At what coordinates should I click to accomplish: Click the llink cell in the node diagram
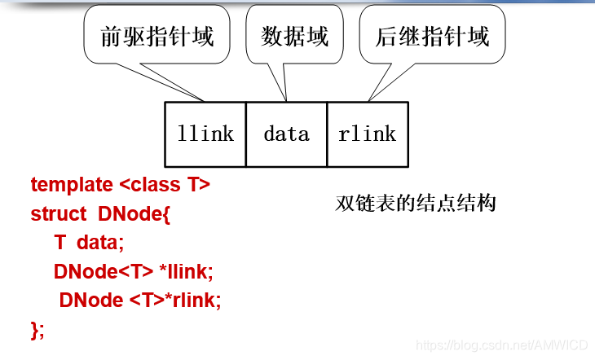pyautogui.click(x=205, y=134)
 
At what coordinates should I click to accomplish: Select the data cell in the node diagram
pyautogui.click(x=286, y=134)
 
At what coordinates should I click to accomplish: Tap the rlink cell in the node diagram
pyautogui.click(x=368, y=134)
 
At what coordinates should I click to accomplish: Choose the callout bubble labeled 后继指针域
pyautogui.click(x=432, y=37)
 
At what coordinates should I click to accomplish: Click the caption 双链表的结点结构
pyautogui.click(x=416, y=203)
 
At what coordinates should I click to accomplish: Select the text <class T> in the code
pyautogui.click(x=164, y=185)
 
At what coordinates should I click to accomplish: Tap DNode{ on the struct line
pyautogui.click(x=134, y=214)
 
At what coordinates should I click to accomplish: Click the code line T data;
pyautogui.click(x=89, y=243)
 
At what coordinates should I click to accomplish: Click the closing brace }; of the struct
pyautogui.click(x=37, y=329)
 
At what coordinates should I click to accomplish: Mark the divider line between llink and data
pyautogui.click(x=245, y=134)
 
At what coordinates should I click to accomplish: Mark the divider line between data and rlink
pyautogui.click(x=327, y=134)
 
